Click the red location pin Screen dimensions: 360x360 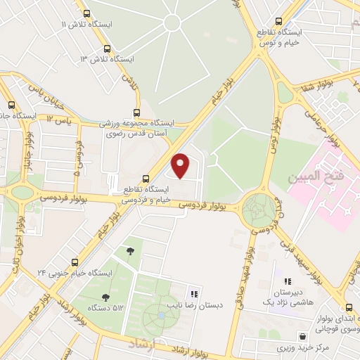pyautogui.click(x=181, y=165)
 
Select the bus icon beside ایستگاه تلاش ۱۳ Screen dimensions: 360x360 pyautogui.click(x=107, y=49)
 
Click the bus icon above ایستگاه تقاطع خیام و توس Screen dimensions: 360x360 pyautogui.click(x=280, y=22)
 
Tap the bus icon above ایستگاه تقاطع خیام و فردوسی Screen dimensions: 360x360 pyautogui.click(x=146, y=179)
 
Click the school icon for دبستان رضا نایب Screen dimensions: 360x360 pyautogui.click(x=194, y=294)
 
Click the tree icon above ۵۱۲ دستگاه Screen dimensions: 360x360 pyautogui.click(x=105, y=297)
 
